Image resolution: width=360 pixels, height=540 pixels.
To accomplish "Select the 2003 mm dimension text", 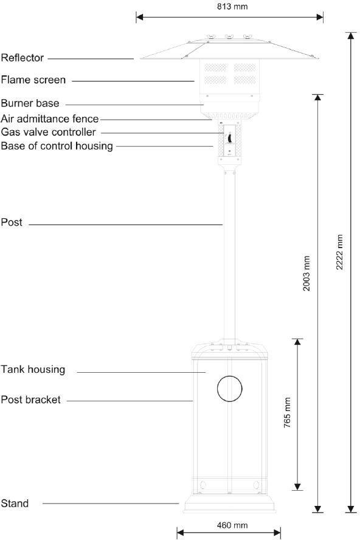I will point(307,273).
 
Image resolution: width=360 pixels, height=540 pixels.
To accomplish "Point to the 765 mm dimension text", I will point(288,414).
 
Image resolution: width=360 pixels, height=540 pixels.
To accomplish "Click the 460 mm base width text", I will point(232,525).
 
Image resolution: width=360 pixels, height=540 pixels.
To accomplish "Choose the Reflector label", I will point(22,58).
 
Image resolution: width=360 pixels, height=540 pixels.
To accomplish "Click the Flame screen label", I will point(33,80).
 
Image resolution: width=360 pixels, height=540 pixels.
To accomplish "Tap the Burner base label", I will point(30,103).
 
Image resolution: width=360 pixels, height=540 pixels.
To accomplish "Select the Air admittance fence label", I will point(50,119).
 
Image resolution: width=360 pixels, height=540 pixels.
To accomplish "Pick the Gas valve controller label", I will point(49,132).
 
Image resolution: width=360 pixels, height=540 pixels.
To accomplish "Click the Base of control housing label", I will point(57,145).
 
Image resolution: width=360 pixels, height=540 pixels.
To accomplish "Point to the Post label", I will point(12,223).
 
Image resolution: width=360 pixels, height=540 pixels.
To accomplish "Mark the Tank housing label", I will point(33,369).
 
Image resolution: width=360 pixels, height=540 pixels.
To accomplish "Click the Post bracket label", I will point(30,400).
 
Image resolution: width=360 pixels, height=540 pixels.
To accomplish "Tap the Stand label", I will point(15,504).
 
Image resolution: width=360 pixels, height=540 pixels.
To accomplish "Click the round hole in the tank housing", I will point(229,389).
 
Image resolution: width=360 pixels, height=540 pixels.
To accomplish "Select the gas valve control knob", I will point(229,139).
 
